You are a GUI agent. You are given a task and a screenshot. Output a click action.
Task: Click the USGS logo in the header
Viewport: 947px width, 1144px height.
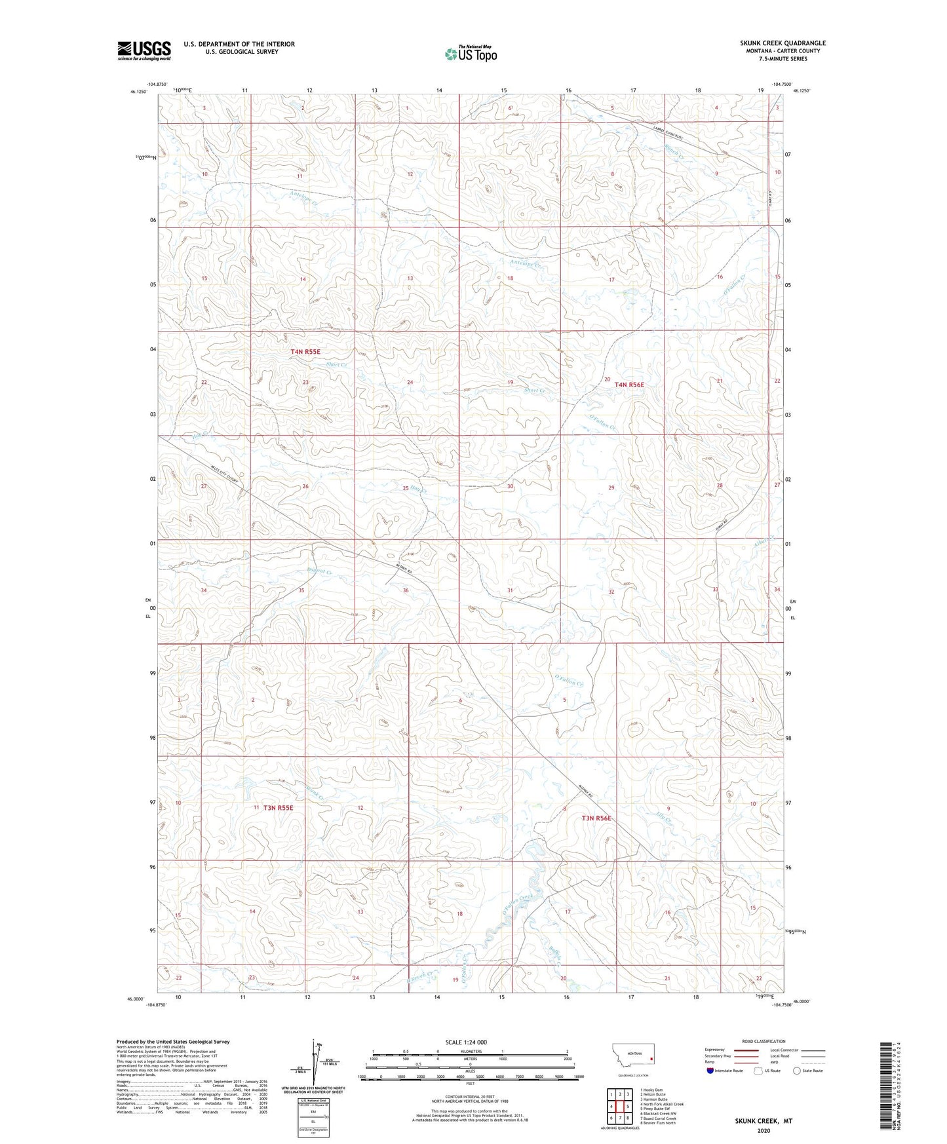pyautogui.click(x=144, y=50)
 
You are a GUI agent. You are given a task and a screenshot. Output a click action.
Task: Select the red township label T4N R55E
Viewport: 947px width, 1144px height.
pyautogui.click(x=305, y=352)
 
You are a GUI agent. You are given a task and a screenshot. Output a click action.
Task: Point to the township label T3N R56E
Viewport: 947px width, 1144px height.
pyautogui.click(x=596, y=818)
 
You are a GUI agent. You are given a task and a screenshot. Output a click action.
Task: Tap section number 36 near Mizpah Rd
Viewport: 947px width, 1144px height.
pyautogui.click(x=406, y=590)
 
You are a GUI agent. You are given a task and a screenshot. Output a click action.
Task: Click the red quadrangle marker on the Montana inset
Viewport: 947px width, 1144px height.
pyautogui.click(x=651, y=1058)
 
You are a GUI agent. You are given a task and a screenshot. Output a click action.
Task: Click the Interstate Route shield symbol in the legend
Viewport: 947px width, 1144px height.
pyautogui.click(x=711, y=1071)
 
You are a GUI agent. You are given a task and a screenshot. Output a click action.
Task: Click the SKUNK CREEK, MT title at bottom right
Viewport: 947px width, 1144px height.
pyautogui.click(x=763, y=1121)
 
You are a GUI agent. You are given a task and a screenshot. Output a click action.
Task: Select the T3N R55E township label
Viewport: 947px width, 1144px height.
pyautogui.click(x=278, y=808)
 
